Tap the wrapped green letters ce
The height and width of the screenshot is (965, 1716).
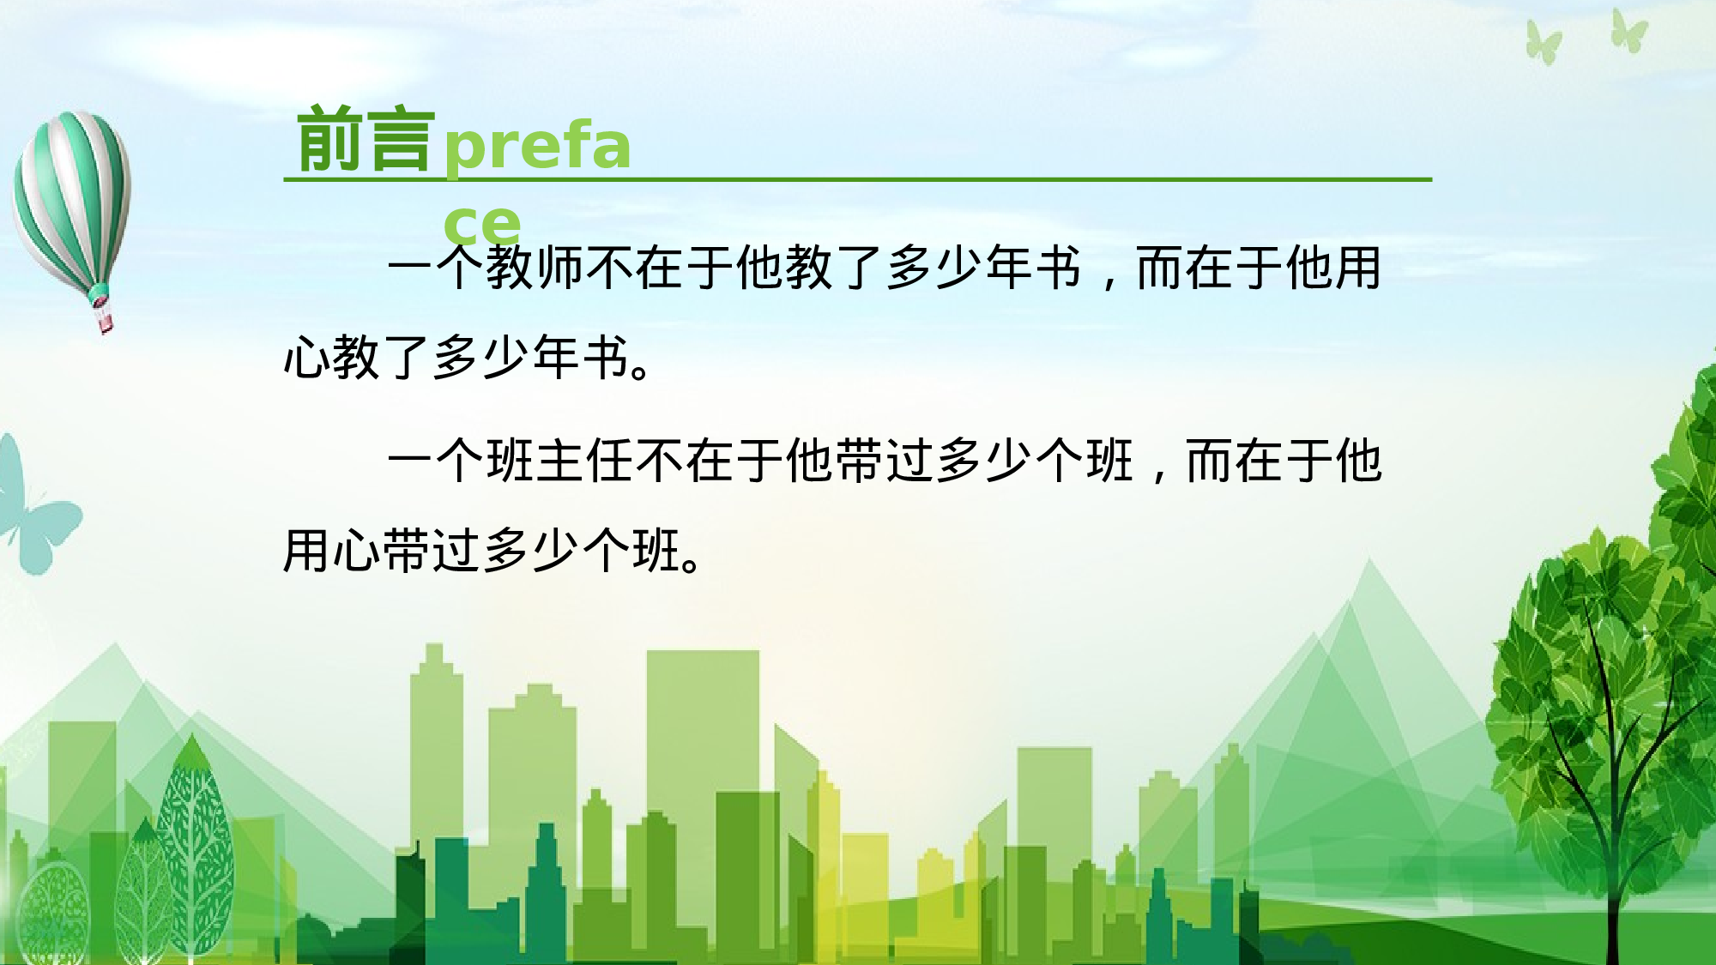(482, 225)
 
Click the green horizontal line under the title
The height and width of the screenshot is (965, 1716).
(858, 179)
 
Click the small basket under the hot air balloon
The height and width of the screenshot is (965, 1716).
(104, 322)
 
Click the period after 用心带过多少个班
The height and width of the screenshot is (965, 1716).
(692, 564)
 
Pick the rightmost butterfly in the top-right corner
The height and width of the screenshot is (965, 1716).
(1628, 33)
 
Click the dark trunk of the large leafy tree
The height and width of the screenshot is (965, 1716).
(1613, 858)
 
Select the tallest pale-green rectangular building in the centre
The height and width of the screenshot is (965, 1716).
(702, 729)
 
